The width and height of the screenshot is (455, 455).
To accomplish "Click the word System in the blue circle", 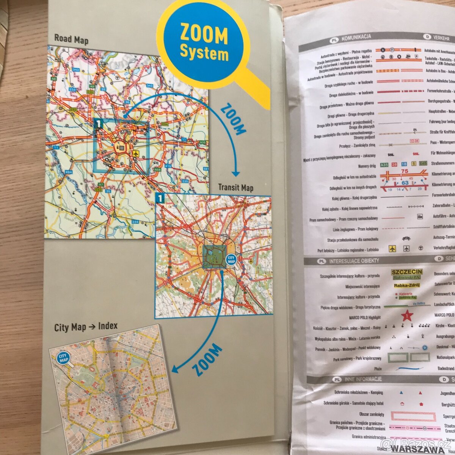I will [x=204, y=53].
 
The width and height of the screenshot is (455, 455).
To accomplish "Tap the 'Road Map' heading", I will [x=71, y=39].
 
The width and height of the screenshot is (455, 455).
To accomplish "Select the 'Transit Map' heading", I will [x=235, y=188].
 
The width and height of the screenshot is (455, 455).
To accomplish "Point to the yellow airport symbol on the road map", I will [x=136, y=154].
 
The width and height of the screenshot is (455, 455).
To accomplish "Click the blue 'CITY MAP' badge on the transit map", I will [x=231, y=259].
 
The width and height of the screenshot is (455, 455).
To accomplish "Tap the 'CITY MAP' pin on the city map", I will [x=63, y=357].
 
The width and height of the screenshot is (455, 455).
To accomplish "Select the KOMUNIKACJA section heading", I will [x=356, y=37].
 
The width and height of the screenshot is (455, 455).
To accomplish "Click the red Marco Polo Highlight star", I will [x=407, y=315].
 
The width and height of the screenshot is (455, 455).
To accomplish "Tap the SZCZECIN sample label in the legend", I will [x=407, y=272].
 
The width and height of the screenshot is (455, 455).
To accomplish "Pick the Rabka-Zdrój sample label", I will [x=406, y=286].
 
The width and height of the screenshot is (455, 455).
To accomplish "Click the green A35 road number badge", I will [x=384, y=165].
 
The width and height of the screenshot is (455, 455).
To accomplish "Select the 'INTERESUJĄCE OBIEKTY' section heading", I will [x=354, y=261].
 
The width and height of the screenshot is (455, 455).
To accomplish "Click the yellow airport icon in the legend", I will [x=392, y=249].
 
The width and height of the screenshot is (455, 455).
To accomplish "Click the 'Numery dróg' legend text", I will [x=367, y=166].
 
